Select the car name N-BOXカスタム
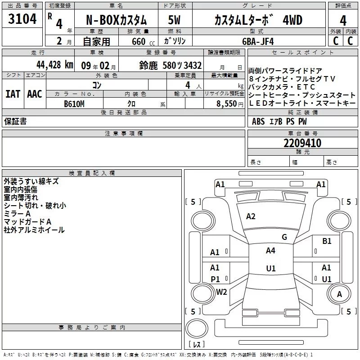[116, 20]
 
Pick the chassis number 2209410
[302, 144]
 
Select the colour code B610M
[74, 103]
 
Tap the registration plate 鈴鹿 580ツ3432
[171, 65]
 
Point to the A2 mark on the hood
[251, 216]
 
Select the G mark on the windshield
[284, 237]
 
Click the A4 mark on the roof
[270, 251]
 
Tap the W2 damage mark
[221, 292]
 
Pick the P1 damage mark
[216, 279]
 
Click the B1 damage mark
[327, 241]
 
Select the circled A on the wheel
[340, 294]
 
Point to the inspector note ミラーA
[17, 214]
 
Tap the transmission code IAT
[13, 94]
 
